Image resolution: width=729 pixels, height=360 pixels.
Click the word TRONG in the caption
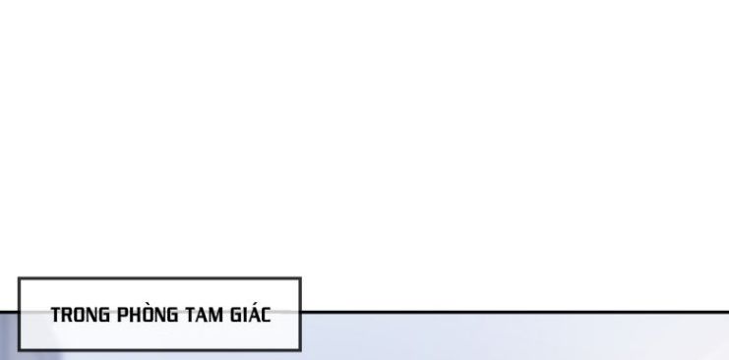pos(81,315)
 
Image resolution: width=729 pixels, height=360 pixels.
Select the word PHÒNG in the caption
pos(148,313)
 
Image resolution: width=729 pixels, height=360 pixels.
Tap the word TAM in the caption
pos(205,315)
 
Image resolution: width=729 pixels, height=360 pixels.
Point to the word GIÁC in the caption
pos(250,313)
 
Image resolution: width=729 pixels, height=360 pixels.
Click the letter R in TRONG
pos(68,315)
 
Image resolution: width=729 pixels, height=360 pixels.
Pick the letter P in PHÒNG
pos(122,315)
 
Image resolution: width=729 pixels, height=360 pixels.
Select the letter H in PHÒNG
pos(136,315)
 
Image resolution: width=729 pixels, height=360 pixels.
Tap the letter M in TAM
pos(217,315)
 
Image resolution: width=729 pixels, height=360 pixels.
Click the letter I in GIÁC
pos(245,315)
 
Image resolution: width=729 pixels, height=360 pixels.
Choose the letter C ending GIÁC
pos(266,315)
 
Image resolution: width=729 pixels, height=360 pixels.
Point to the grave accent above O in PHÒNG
pos(148,304)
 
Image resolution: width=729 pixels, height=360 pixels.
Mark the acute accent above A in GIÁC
pos(254,304)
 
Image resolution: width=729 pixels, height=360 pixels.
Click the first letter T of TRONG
pos(56,315)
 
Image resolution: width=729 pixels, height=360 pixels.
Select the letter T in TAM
pos(190,315)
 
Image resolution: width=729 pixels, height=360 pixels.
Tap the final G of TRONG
pos(105,315)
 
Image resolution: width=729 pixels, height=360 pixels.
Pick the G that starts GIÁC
pos(236,315)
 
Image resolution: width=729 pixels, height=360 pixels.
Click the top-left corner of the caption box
pos(19,278)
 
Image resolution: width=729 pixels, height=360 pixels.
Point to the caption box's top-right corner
pos(300,278)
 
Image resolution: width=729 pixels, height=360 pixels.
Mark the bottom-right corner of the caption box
pos(300,349)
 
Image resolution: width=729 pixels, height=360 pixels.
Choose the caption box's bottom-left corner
pos(19,349)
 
